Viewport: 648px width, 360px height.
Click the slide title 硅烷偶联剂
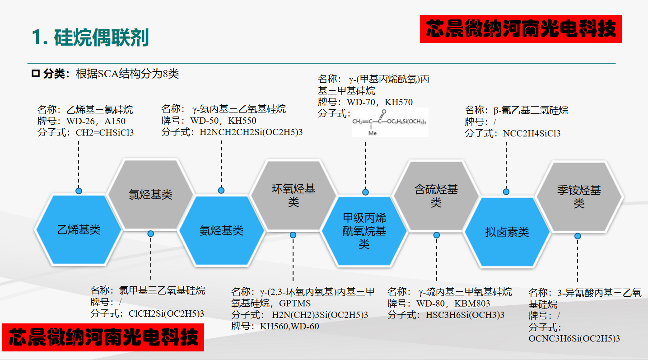pyautogui.click(x=101, y=37)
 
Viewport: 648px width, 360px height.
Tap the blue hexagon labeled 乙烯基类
pyautogui.click(x=79, y=229)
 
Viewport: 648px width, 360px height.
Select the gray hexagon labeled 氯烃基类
pyautogui.click(x=150, y=195)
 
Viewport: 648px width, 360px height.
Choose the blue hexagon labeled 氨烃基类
pyautogui.click(x=221, y=230)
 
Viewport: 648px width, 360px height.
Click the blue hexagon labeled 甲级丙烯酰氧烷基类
pyautogui.click(x=364, y=231)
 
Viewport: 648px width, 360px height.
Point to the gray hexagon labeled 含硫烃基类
pyautogui.click(x=436, y=195)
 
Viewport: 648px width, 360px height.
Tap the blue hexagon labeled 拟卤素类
pyautogui.click(x=507, y=232)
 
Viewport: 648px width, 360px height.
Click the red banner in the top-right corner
pyautogui.click(x=521, y=29)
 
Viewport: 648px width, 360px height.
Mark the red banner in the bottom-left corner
pyautogui.click(x=103, y=337)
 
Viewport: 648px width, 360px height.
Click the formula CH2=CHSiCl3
pyautogui.click(x=105, y=133)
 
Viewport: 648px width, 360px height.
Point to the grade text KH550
pyautogui.click(x=242, y=121)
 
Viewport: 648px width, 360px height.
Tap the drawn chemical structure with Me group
pyautogui.click(x=389, y=122)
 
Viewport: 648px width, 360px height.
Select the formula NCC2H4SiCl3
pyautogui.click(x=531, y=133)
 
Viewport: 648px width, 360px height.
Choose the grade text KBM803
pyautogui.click(x=472, y=303)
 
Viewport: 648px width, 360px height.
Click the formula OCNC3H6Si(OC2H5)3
pyautogui.click(x=574, y=338)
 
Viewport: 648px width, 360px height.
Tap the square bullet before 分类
pyautogui.click(x=36, y=74)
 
